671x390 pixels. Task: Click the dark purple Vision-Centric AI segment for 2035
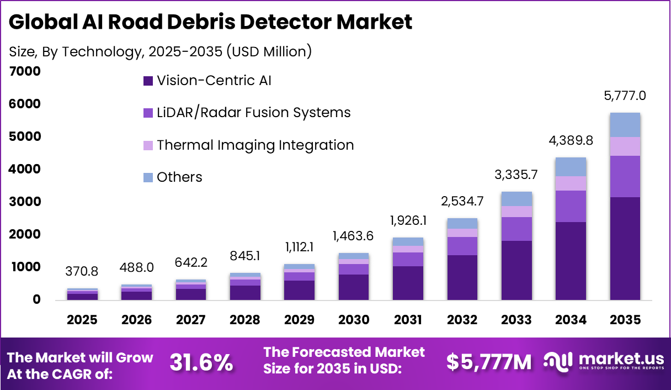pos(625,249)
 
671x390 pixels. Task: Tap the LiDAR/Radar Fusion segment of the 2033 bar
pos(517,229)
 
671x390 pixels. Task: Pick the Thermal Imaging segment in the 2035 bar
pos(625,146)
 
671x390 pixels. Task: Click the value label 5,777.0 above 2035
pos(625,96)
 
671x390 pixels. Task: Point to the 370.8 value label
pos(83,272)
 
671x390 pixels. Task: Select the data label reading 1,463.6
pos(353,236)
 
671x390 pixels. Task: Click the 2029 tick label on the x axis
pos(299,320)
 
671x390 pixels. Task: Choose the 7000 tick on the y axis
pos(25,72)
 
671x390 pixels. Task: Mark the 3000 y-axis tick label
pos(25,202)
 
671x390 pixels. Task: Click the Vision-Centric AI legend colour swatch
pos(147,81)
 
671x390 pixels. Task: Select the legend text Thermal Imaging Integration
pos(255,145)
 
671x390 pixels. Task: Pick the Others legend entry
pos(179,177)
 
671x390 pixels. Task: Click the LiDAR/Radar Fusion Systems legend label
pos(253,113)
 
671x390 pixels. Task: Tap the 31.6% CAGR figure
pos(201,362)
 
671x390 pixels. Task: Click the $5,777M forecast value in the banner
pos(489,362)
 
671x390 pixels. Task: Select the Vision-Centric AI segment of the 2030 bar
pos(353,287)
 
